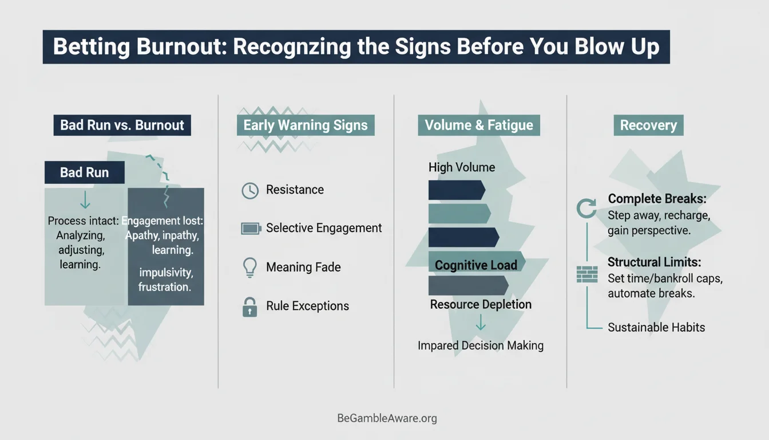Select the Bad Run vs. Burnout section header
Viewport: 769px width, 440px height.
click(x=122, y=125)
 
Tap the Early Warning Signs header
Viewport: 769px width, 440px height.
click(x=306, y=125)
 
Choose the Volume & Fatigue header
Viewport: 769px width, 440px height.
click(x=478, y=125)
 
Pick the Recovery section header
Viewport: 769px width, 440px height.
click(x=648, y=125)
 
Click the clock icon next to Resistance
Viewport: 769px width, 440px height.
click(x=250, y=190)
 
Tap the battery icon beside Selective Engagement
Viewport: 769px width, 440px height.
click(x=250, y=229)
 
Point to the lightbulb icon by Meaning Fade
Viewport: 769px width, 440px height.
click(x=250, y=268)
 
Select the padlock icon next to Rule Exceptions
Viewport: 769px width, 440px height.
click(x=250, y=307)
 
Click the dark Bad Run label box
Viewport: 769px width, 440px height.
click(x=84, y=172)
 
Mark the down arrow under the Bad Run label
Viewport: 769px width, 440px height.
click(x=85, y=199)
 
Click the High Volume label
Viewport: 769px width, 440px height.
click(x=462, y=168)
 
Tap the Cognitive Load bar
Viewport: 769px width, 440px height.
click(x=476, y=265)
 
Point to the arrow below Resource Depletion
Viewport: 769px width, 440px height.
click(x=481, y=324)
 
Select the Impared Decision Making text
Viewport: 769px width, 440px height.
click(x=481, y=345)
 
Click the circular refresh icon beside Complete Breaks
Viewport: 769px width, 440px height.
click(x=586, y=208)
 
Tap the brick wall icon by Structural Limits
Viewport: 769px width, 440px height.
click(x=586, y=274)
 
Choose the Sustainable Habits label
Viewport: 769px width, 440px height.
click(x=656, y=328)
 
